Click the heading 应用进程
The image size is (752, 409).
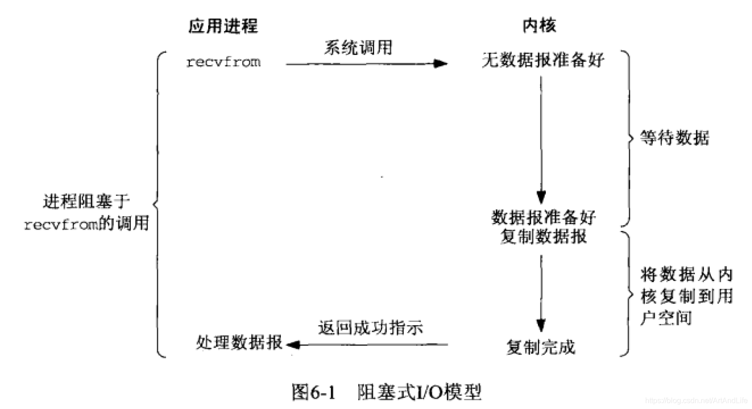(223, 26)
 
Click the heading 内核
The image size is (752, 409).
(539, 25)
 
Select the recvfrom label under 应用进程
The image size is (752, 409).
(223, 62)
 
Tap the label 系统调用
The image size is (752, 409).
(358, 48)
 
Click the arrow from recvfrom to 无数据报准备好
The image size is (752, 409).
(366, 64)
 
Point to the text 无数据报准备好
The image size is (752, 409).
(543, 60)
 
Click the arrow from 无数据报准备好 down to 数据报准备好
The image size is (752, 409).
(541, 140)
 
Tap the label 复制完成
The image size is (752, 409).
(541, 347)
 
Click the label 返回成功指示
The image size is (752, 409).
(371, 328)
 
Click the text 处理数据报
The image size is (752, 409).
(239, 343)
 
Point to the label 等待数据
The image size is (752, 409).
(675, 138)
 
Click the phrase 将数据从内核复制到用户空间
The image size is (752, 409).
(686, 296)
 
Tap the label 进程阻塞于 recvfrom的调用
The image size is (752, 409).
(87, 213)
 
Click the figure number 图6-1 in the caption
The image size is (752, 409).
(313, 392)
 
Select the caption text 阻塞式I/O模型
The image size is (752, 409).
(419, 392)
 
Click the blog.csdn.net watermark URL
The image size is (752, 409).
(696, 400)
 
